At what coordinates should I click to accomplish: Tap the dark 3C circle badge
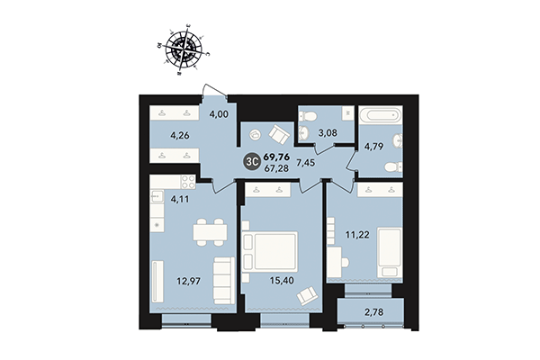coord(253,162)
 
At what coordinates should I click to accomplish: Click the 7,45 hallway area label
coord(330,162)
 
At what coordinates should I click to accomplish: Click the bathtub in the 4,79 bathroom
coord(381,116)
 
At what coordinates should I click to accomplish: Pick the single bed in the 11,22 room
coord(389,251)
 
